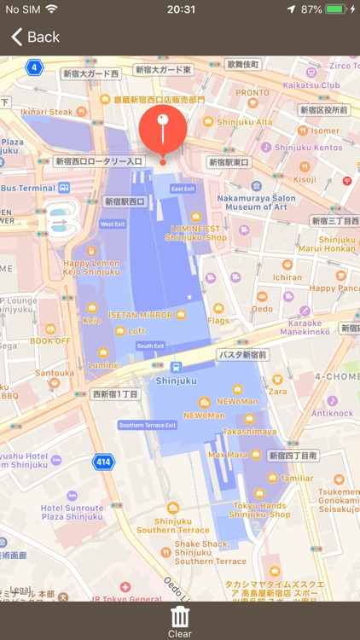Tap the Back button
coord(35,37)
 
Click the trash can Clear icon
coord(180,617)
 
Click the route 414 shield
coord(103,463)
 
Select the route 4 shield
coord(34,67)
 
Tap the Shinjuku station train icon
coord(176,367)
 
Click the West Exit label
coord(113,224)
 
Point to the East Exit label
coord(183,189)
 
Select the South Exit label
coord(150,346)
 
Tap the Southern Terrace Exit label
coord(148,425)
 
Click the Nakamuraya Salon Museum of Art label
coord(256,202)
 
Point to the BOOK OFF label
coord(51,340)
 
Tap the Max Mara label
coord(228,454)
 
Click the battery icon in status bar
coord(335,9)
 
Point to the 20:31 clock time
coord(180,9)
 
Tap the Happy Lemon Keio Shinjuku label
coord(91,267)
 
